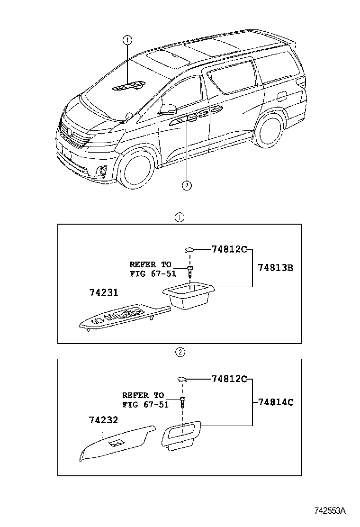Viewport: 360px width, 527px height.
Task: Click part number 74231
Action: (104, 293)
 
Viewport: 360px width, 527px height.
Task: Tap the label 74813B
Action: (276, 268)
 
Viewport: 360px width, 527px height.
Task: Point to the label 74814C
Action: (276, 402)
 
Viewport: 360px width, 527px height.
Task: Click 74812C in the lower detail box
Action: (229, 379)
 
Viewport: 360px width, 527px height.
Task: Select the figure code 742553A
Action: (330, 510)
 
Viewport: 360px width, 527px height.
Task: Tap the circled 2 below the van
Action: (187, 185)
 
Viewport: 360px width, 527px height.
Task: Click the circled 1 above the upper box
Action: (180, 218)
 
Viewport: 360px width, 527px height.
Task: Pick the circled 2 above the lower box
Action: (180, 352)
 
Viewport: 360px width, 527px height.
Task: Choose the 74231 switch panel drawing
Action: (123, 317)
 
